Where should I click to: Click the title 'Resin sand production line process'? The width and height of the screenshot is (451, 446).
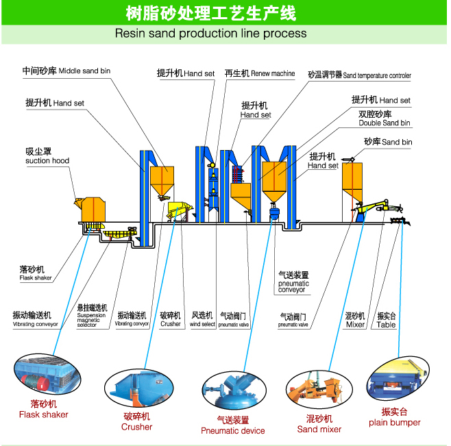coord(210,33)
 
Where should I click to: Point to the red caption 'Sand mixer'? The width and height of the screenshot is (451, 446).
coord(319,429)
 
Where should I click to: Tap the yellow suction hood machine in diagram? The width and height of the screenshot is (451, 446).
coord(90,209)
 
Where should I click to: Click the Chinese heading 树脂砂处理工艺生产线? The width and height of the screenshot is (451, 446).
coord(210,13)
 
